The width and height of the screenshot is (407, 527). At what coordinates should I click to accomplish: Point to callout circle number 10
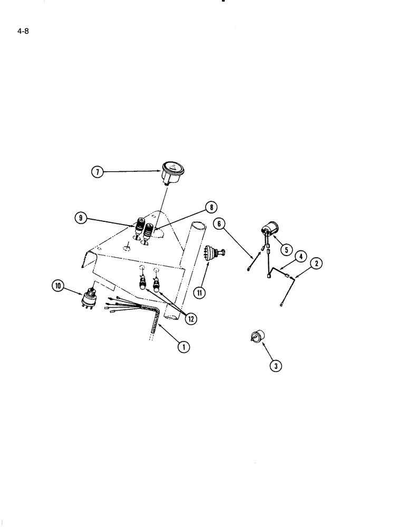57,286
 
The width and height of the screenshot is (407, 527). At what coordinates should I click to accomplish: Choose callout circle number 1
183,346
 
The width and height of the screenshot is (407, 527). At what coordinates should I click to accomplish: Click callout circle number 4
299,257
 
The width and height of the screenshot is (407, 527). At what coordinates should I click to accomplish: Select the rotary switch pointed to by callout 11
214,253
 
